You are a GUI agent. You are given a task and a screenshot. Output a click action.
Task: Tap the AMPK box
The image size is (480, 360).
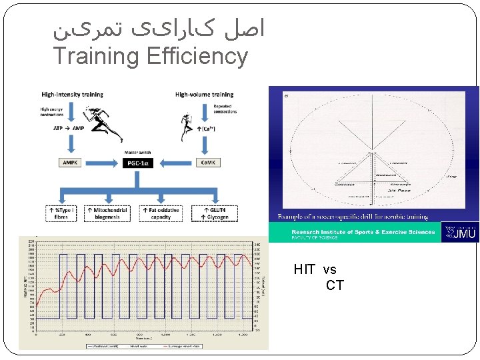(x=70, y=163)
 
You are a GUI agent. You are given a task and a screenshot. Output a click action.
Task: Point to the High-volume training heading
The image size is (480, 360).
(x=204, y=95)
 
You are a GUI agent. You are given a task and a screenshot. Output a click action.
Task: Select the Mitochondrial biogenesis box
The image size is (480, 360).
(x=109, y=213)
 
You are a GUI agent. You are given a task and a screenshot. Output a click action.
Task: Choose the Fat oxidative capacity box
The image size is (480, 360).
(x=161, y=213)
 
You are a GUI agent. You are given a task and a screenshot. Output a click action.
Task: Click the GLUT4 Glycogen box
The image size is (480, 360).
(x=213, y=213)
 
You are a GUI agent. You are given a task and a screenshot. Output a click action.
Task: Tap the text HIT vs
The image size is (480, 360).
(x=315, y=270)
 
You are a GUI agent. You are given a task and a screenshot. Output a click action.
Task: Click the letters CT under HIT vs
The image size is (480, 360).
(x=335, y=286)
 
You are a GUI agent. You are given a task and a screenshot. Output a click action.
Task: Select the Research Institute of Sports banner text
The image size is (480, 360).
(x=363, y=232)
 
